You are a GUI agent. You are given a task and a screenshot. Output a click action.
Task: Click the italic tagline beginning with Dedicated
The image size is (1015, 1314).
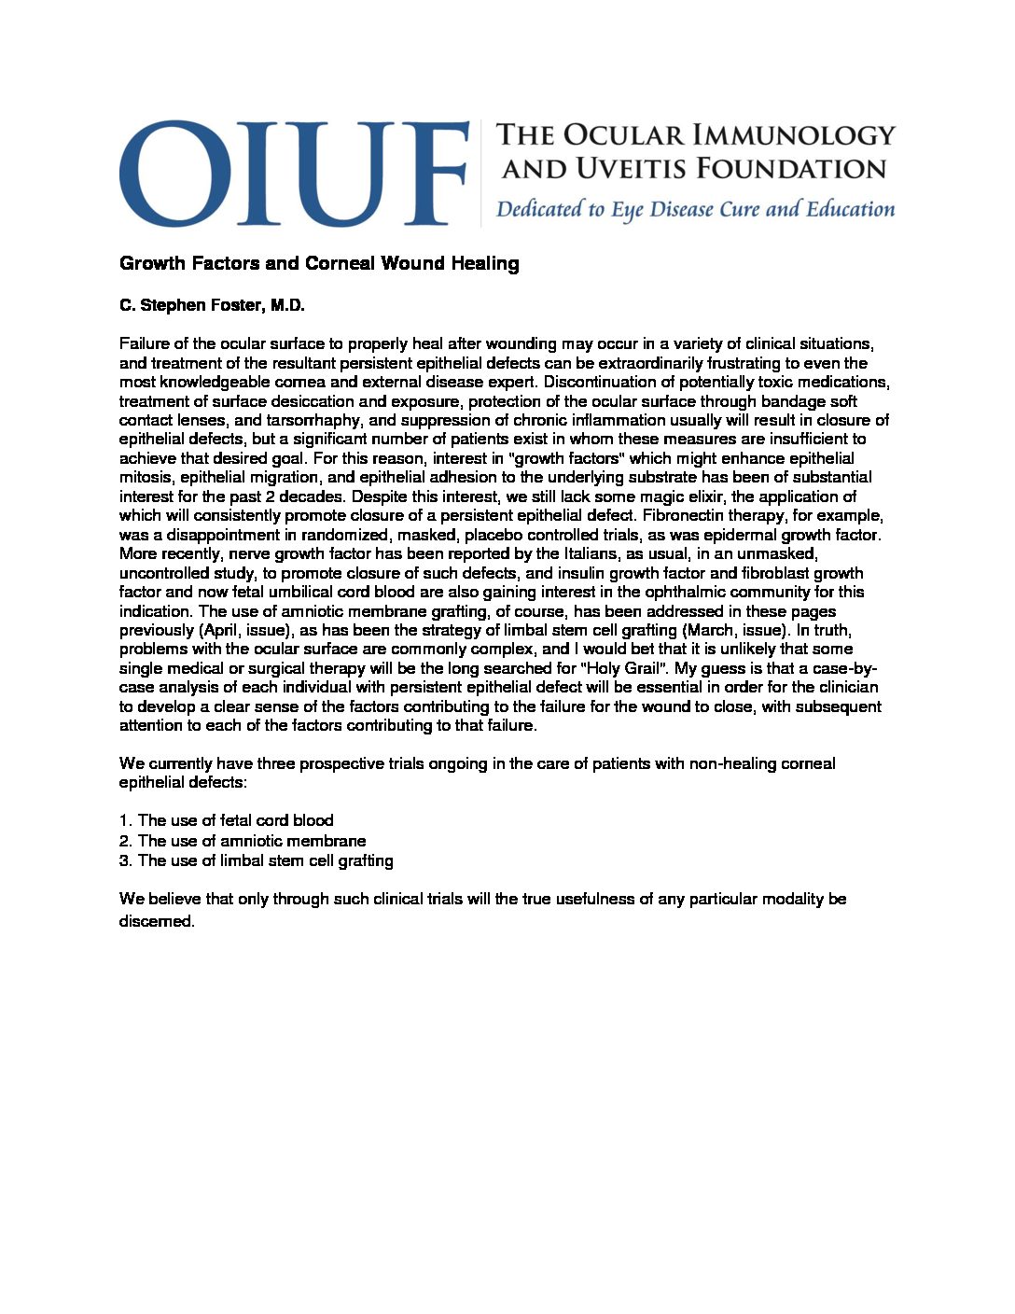pyautogui.click(x=695, y=209)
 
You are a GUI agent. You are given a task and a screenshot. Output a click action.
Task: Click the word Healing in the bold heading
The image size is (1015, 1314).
pyautogui.click(x=485, y=263)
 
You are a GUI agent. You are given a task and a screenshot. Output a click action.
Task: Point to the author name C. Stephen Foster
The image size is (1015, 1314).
pyautogui.click(x=212, y=305)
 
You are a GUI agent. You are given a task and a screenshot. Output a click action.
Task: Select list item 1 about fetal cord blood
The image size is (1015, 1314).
pyautogui.click(x=226, y=820)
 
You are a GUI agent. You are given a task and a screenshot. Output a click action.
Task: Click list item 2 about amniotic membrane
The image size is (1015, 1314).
pyautogui.click(x=242, y=841)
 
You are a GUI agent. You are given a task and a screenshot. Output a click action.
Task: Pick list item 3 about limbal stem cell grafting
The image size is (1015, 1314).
pyautogui.click(x=256, y=860)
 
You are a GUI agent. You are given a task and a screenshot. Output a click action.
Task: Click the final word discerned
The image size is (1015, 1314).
pyautogui.click(x=157, y=921)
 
